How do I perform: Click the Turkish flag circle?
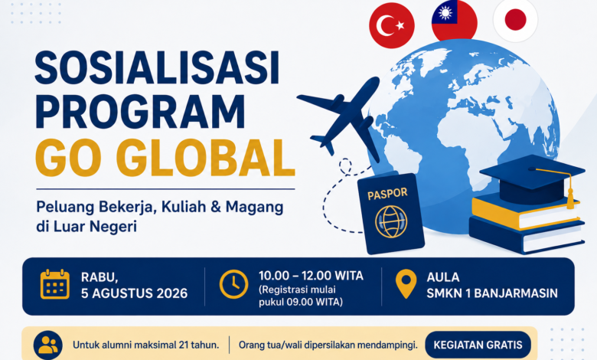pyautogui.click(x=392, y=26)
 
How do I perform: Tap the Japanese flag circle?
pyautogui.click(x=516, y=19)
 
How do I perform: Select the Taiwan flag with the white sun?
pyautogui.click(x=454, y=20)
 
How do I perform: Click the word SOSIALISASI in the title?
pyautogui.click(x=157, y=69)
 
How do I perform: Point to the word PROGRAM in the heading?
pyautogui.click(x=141, y=112)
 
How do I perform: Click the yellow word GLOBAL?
pyautogui.click(x=206, y=158)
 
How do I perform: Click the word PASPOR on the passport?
pyautogui.click(x=387, y=194)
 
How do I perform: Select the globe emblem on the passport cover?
pyautogui.click(x=391, y=221)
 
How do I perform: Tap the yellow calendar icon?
pyautogui.click(x=55, y=284)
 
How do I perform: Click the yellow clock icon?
pyautogui.click(x=233, y=284)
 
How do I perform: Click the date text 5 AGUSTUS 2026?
pyautogui.click(x=135, y=293)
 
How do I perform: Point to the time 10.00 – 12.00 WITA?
pyautogui.click(x=311, y=276)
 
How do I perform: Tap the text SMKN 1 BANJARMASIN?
pyautogui.click(x=492, y=293)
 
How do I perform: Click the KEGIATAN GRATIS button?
pyautogui.click(x=478, y=345)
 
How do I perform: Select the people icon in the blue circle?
pyautogui.click(x=48, y=345)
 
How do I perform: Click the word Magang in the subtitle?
pyautogui.click(x=254, y=207)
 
